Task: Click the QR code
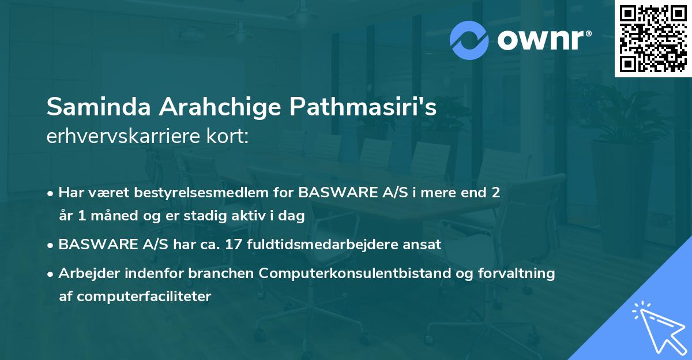(653, 39)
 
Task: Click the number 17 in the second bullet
(234, 244)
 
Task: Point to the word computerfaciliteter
(136, 297)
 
